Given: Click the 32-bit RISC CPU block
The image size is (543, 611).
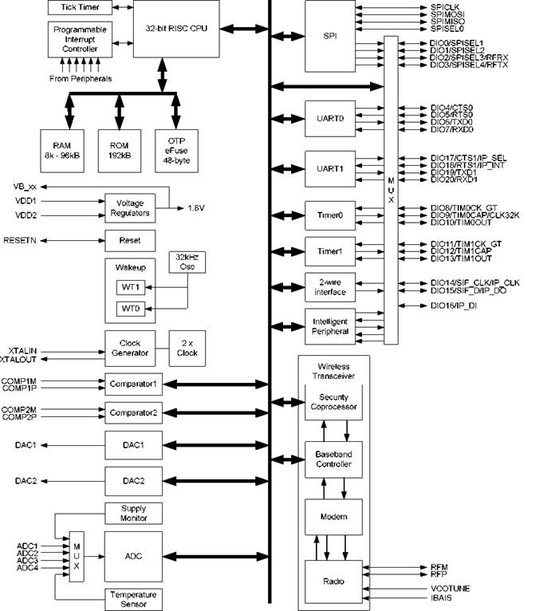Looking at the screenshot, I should point(175,28).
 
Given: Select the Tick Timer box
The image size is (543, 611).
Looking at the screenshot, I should point(76,7).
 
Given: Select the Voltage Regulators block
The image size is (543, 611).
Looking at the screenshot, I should point(130,209).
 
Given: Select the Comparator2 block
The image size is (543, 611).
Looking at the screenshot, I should point(134,412).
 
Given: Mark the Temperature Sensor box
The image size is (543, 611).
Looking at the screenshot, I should point(133,598).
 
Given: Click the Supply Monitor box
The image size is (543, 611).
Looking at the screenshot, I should point(133,513).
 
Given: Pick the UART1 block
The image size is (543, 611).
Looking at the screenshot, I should point(330,170).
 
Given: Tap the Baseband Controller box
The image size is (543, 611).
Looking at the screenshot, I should point(333,459).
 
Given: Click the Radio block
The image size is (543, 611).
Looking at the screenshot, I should point(333,580).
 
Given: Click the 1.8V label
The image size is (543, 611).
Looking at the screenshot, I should point(196,208).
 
